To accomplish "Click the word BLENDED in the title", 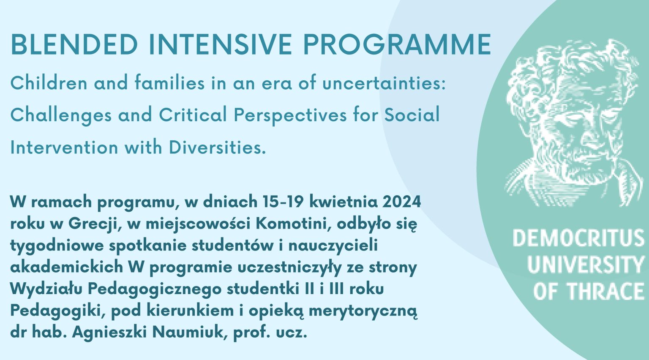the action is (x=74, y=44).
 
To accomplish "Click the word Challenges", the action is (x=61, y=115).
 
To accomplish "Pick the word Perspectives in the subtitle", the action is (x=290, y=115).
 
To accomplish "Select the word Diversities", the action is (x=217, y=147).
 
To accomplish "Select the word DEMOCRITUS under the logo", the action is (x=578, y=238).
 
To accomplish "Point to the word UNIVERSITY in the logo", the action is (x=585, y=265).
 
